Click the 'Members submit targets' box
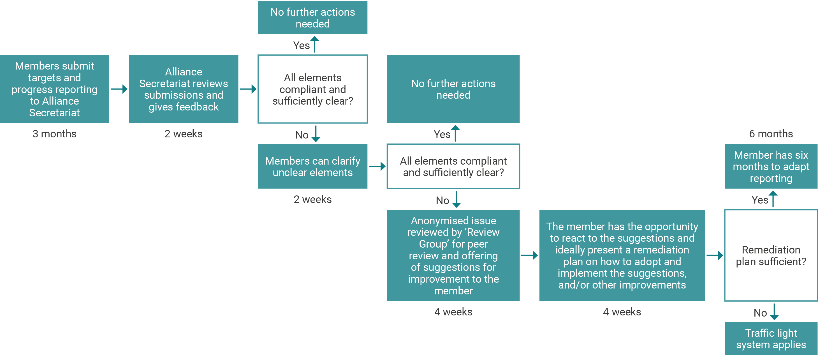[x=55, y=89]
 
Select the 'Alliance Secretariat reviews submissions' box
[x=184, y=89]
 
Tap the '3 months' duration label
[x=55, y=134]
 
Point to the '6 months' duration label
[x=771, y=134]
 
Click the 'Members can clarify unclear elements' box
[x=312, y=167]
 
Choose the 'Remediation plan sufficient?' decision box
[x=771, y=255]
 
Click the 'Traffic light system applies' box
[x=771, y=338]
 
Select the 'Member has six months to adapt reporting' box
[x=771, y=167]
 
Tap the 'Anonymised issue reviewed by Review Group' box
[x=453, y=255]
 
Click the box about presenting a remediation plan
[x=622, y=255]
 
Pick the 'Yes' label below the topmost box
[x=301, y=45]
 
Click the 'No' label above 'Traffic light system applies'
[x=760, y=313]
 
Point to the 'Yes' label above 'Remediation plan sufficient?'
[x=760, y=200]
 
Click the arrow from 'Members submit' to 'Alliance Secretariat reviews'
[x=119, y=89]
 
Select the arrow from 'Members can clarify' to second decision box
[x=377, y=166]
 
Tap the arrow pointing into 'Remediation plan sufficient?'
[x=715, y=255]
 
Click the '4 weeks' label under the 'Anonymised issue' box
[x=453, y=312]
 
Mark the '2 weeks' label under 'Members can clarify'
[x=312, y=199]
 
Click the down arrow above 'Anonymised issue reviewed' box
[x=456, y=200]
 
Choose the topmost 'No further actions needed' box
[x=312, y=18]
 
